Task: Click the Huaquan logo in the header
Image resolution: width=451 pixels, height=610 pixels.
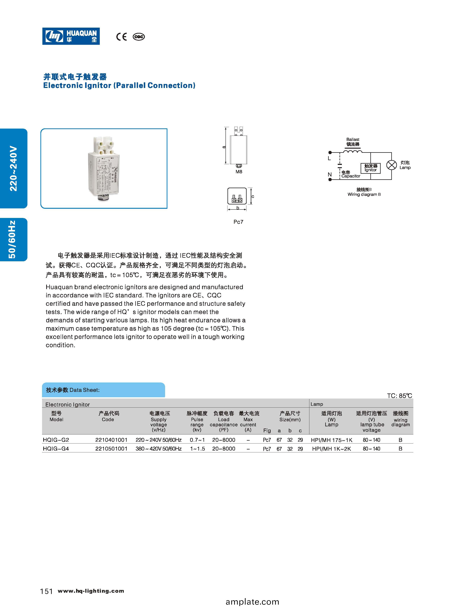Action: [71, 36]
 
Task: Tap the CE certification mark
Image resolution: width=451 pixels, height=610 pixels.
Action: [121, 37]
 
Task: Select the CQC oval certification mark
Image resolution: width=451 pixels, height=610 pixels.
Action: [139, 37]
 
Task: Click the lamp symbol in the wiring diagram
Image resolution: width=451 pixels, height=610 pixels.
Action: [391, 165]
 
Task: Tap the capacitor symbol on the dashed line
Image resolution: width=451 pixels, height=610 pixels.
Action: [340, 165]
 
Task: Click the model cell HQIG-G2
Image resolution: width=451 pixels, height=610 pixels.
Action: [56, 440]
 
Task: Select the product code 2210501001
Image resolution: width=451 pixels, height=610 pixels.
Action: [111, 449]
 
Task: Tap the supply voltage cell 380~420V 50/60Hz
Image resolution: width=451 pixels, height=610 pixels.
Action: [159, 449]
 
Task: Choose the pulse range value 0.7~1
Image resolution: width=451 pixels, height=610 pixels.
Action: [197, 440]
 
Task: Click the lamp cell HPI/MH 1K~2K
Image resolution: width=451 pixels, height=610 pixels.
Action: [331, 449]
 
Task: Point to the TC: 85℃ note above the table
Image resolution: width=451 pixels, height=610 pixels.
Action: [399, 396]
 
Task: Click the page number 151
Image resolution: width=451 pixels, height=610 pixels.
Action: [46, 591]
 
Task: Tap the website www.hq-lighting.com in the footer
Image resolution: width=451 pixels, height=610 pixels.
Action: [91, 591]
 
